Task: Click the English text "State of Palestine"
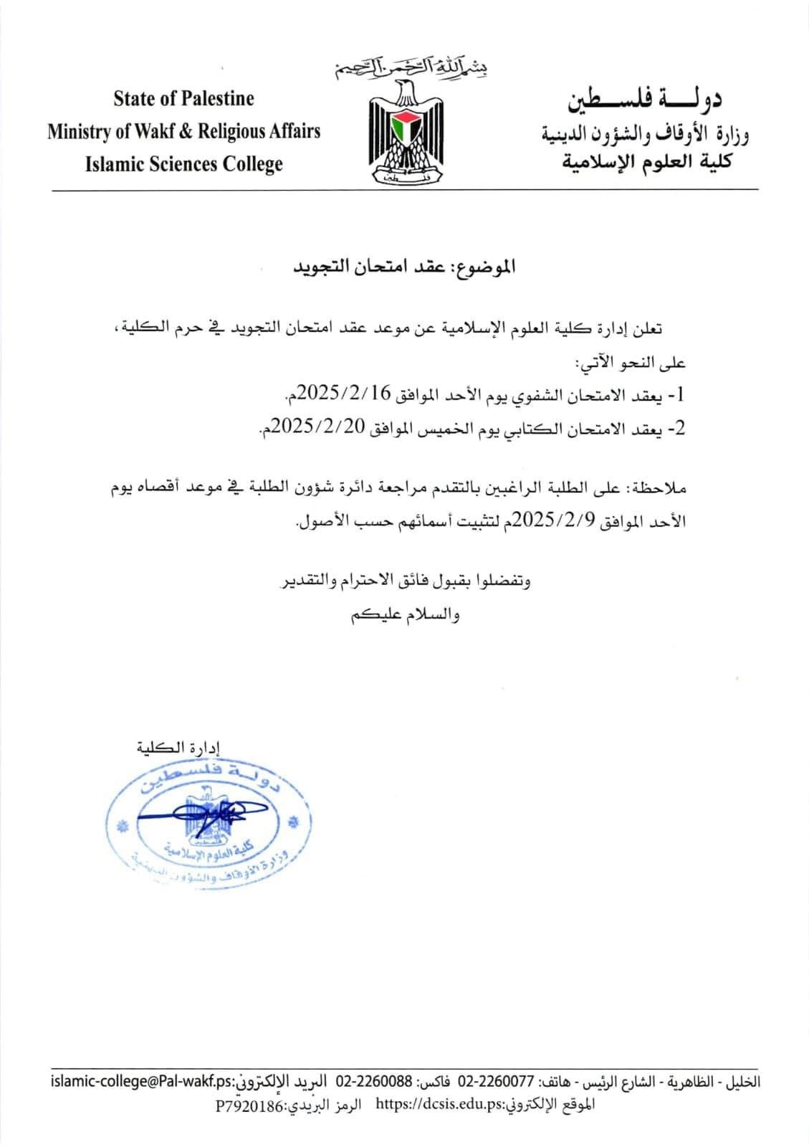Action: click(x=183, y=98)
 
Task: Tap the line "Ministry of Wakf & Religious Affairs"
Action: click(x=183, y=131)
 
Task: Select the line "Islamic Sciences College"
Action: click(x=183, y=164)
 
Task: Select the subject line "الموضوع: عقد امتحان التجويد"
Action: click(x=405, y=267)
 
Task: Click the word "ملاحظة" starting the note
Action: click(x=660, y=489)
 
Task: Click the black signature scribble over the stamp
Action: click(x=201, y=812)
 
